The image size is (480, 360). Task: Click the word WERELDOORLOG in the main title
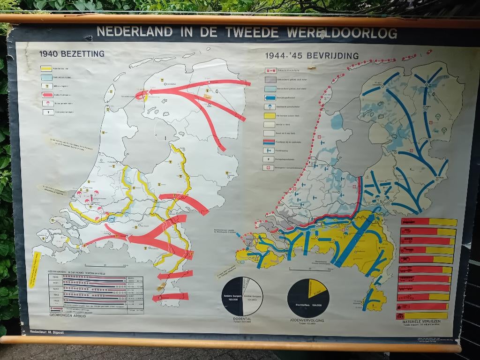click(x=342, y=33)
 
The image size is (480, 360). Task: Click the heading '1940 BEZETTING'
click(x=72, y=54)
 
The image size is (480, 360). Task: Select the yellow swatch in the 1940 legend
click(x=46, y=68)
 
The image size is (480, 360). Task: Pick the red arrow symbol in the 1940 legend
click(x=46, y=94)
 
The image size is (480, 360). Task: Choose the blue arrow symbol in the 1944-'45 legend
click(x=270, y=97)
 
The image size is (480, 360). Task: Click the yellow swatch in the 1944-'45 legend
click(x=270, y=115)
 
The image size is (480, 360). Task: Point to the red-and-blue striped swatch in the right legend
click(x=270, y=142)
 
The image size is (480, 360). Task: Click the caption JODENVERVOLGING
click(x=307, y=321)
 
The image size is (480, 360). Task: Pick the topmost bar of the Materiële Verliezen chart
click(x=428, y=222)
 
